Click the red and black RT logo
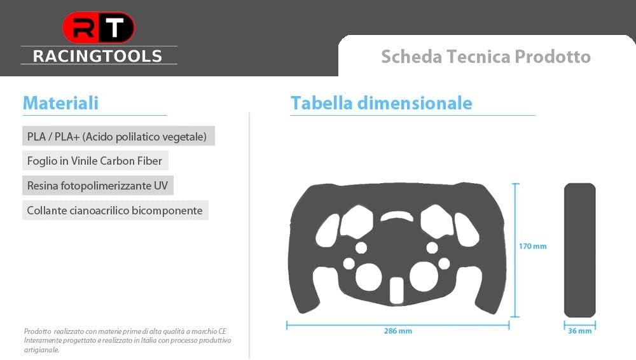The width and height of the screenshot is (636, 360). [99, 27]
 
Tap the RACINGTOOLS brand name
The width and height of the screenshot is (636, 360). [98, 56]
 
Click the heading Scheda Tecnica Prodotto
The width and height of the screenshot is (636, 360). [486, 57]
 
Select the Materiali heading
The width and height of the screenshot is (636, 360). [60, 102]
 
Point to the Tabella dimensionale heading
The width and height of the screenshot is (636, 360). [381, 102]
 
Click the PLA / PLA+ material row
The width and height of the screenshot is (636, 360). [118, 136]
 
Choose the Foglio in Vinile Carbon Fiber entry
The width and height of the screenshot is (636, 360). [95, 161]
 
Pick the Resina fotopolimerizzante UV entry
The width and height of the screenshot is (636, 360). [98, 186]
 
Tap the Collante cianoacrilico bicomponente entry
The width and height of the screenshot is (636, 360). [115, 211]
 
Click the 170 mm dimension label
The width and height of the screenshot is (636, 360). [532, 246]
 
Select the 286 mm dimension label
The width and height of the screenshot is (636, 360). [398, 331]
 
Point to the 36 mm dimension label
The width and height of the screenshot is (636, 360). [579, 331]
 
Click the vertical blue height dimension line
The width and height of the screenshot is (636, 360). [515, 250]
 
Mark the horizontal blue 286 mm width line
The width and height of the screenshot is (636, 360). [397, 324]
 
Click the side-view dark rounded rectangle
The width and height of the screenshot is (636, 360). [579, 250]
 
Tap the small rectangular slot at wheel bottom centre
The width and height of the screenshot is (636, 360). [396, 291]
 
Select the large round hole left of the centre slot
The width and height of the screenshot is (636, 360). [368, 277]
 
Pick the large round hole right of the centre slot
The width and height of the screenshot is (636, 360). [424, 277]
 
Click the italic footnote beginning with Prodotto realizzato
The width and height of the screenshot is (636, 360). [127, 340]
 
